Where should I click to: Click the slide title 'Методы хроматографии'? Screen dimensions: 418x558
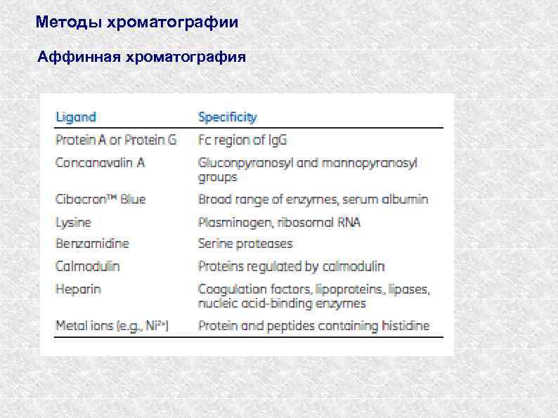[137, 22]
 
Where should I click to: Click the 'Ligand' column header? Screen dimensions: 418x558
[76, 117]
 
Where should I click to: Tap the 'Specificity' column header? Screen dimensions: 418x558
[227, 117]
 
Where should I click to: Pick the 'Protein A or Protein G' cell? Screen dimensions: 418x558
[116, 140]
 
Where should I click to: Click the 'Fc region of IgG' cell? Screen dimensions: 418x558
[242, 140]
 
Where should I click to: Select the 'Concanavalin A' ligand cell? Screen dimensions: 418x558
[100, 162]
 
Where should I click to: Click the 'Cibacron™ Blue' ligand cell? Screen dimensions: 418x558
[100, 200]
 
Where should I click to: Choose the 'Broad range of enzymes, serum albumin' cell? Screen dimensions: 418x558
[313, 200]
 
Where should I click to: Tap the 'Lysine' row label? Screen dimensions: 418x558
[73, 222]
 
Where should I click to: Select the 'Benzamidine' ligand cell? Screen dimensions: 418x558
[92, 244]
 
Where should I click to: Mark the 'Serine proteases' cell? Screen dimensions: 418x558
[245, 244]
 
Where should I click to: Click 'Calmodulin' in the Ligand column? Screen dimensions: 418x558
[88, 266]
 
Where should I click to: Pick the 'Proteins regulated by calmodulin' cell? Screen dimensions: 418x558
[292, 266]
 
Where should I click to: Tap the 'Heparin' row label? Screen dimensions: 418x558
[78, 289]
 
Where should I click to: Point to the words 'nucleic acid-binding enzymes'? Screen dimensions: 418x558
[282, 303]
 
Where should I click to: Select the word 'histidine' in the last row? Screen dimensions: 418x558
[403, 326]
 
